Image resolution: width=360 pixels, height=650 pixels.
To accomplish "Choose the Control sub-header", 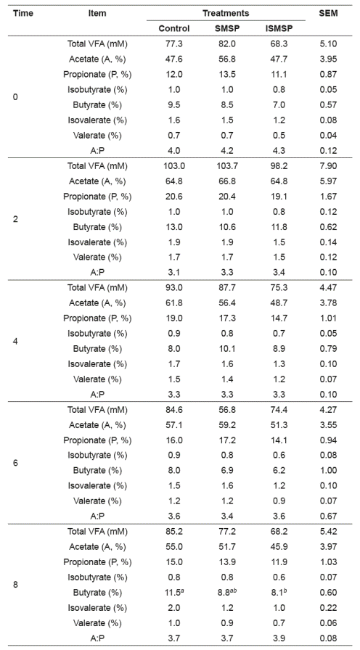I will pos(174,28).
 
